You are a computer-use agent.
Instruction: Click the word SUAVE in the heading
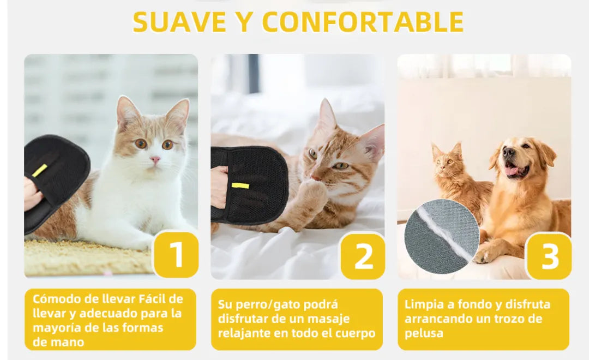pos(179,22)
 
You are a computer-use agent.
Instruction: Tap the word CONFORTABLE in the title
pos(363,22)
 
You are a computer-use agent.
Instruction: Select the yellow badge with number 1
pos(176,255)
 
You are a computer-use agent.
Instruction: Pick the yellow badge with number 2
pos(363,256)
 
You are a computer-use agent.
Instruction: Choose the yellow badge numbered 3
pos(549,256)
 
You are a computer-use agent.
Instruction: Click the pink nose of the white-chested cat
pos(155,160)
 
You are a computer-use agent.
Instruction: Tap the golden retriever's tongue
pos(512,171)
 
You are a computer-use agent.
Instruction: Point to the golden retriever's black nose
pos(509,152)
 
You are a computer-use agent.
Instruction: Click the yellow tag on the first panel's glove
pos(39,171)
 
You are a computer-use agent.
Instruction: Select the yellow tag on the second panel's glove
pos(241,185)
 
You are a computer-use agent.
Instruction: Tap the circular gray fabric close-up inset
pos(442,236)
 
